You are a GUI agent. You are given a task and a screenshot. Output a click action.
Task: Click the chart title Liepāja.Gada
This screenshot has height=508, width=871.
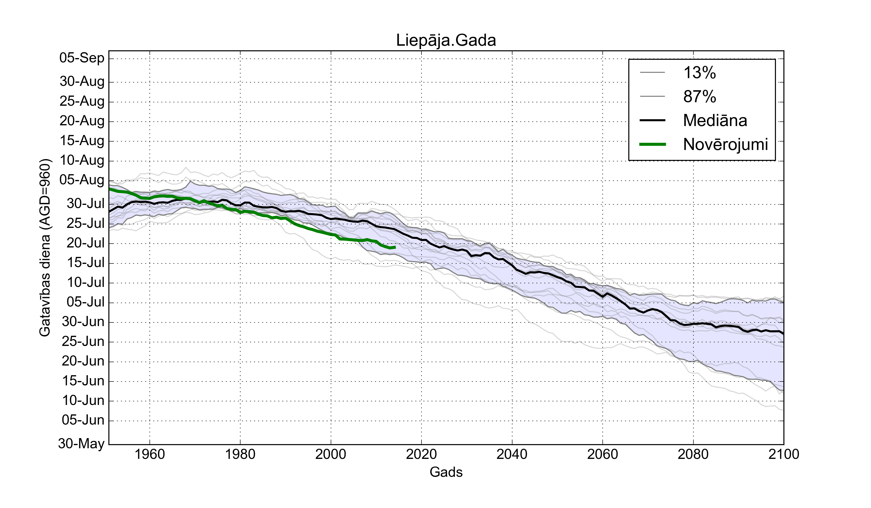(446, 40)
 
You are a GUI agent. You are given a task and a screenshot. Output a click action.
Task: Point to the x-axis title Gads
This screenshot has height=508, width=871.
(446, 472)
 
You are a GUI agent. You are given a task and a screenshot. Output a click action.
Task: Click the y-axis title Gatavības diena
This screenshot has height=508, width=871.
(45, 247)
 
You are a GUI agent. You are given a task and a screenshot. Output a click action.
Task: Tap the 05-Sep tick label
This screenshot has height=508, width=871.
(82, 58)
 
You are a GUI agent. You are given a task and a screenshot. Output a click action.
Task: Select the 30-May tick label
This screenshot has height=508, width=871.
(81, 443)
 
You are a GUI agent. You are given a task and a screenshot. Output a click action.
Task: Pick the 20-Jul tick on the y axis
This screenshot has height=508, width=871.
(85, 243)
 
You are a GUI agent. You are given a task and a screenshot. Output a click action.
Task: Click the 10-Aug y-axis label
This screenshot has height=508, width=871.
(82, 160)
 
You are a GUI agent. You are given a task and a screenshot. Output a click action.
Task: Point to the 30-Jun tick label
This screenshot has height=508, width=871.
(83, 322)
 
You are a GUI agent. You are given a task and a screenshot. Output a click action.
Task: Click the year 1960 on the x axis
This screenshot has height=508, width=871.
(150, 454)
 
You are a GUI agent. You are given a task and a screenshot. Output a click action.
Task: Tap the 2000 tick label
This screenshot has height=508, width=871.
(331, 454)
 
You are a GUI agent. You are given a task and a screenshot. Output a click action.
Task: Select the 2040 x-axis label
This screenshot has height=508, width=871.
(512, 454)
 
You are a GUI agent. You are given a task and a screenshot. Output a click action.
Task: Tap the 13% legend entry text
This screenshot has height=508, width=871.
(699, 73)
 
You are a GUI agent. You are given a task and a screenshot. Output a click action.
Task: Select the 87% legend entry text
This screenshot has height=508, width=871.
(699, 97)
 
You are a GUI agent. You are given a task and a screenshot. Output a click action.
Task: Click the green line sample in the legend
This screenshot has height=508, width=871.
(653, 144)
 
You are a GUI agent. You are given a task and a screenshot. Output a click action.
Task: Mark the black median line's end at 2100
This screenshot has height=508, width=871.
(783, 333)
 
